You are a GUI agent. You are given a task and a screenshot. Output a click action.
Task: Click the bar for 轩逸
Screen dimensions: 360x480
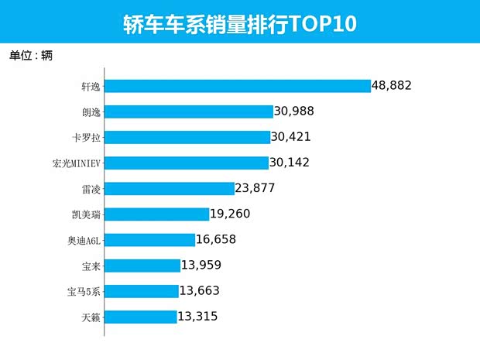pos(238,86)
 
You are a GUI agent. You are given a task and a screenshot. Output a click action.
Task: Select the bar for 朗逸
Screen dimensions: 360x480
pos(189,111)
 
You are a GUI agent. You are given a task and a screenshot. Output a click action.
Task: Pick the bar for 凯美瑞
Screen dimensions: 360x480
pos(157,214)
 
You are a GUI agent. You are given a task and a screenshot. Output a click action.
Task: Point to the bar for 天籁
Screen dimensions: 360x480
pos(141,316)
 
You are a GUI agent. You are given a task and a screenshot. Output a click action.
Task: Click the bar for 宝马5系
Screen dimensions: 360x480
pos(142,290)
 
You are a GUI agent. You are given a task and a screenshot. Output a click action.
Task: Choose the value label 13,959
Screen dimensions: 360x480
pos(207,265)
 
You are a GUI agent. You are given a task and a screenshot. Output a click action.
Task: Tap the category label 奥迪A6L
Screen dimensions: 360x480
pos(84,240)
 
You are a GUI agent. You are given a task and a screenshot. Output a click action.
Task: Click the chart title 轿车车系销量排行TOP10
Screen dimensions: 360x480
pos(239,24)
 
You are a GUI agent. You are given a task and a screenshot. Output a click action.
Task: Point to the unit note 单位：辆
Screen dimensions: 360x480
pos(31,56)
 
